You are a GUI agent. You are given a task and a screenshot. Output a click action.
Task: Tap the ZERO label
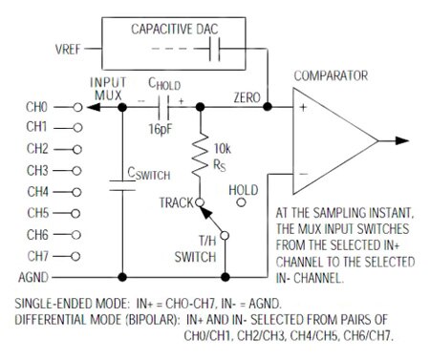click(247, 98)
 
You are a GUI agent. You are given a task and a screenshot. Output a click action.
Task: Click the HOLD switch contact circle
click(243, 202)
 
